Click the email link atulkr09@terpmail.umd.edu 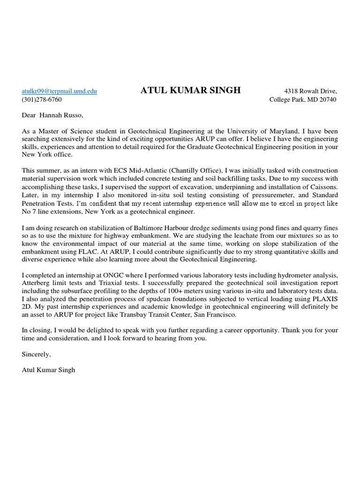(60, 91)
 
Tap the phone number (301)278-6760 (42, 99)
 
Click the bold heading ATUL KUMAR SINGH (190, 91)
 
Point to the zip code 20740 (327, 99)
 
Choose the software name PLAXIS (324, 299)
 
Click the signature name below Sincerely (49, 370)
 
